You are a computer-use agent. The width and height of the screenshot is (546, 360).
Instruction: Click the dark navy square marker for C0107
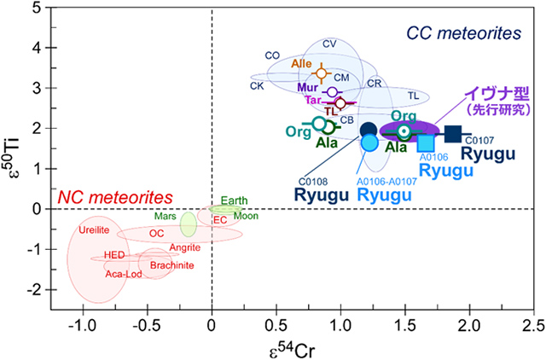pos(453,133)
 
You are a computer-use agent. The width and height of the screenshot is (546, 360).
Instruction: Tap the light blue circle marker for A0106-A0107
pos(369,142)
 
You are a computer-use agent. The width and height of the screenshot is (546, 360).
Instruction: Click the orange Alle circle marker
pos(321,73)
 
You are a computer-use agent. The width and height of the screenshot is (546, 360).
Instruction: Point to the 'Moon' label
pos(246,216)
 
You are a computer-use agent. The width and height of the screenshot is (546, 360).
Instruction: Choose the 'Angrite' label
pos(184,247)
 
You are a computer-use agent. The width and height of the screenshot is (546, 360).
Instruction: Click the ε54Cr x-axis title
pos(292,346)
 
